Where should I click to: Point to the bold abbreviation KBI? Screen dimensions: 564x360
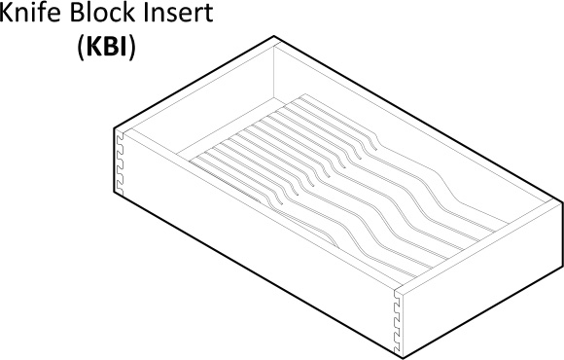coord(107,47)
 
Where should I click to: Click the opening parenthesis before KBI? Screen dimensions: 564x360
coord(81,48)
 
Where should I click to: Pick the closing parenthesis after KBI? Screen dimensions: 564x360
coord(132,48)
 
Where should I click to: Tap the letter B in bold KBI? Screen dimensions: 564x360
coord(112,47)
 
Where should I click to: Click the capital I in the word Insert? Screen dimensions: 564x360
coord(146,14)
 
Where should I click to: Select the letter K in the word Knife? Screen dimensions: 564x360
coord(6,14)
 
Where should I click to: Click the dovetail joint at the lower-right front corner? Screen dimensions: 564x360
coord(397,321)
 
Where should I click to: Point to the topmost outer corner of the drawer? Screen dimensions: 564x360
coord(274,36)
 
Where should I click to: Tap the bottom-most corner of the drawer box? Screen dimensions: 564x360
coord(403,358)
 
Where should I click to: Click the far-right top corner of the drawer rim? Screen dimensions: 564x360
coord(561,201)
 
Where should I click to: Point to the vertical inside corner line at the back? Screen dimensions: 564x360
coord(273,72)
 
